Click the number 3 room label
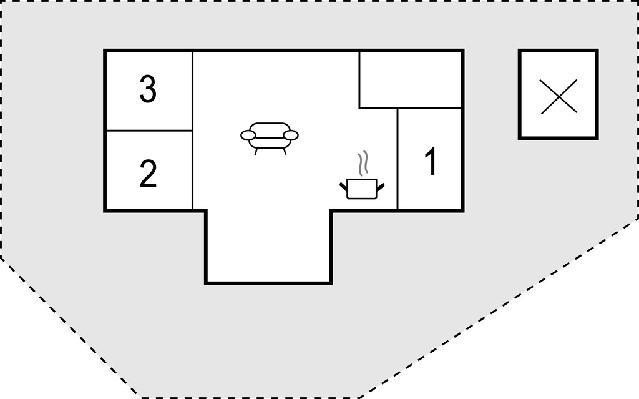[x=148, y=89]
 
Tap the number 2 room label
[x=148, y=174]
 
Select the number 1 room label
[x=431, y=162]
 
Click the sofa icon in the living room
[x=270, y=138]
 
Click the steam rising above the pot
[x=363, y=164]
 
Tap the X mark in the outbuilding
[x=559, y=96]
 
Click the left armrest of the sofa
[x=248, y=135]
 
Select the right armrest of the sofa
[x=291, y=135]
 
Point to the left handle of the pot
[x=343, y=187]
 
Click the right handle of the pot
[x=381, y=187]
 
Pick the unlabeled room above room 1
[x=411, y=79]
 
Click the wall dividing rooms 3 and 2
[x=149, y=131]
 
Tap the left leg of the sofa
[x=256, y=151]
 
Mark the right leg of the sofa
[x=285, y=151]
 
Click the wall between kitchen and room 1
[x=398, y=159]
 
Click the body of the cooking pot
[x=362, y=189]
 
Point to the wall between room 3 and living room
[x=192, y=91]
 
